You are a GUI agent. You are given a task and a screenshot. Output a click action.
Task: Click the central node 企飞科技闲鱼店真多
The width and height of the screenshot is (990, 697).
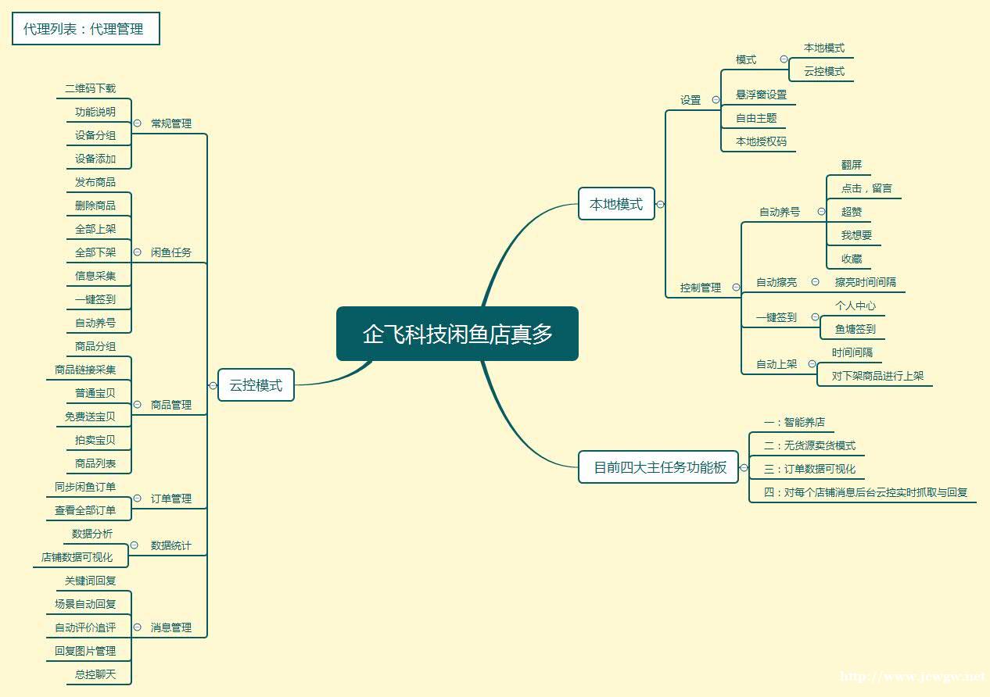click(x=457, y=334)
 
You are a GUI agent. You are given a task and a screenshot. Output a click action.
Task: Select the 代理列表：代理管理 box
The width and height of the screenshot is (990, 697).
click(x=85, y=29)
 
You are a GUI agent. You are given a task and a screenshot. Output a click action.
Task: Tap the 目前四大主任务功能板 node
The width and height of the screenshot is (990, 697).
click(x=659, y=467)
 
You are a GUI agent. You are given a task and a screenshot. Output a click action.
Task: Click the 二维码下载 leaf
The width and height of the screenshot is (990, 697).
click(x=91, y=88)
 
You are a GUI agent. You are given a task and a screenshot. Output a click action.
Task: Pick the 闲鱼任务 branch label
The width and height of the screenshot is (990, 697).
click(x=170, y=252)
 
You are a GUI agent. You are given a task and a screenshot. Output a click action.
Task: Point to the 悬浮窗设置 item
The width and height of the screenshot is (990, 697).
click(x=761, y=95)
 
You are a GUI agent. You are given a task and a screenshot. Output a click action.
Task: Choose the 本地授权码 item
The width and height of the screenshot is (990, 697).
click(x=761, y=141)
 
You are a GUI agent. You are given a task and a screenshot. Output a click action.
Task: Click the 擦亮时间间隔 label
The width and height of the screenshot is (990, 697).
click(x=865, y=282)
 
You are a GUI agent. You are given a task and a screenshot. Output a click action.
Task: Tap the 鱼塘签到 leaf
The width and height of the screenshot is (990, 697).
click(x=855, y=329)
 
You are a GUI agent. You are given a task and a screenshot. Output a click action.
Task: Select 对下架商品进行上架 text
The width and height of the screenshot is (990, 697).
click(x=877, y=376)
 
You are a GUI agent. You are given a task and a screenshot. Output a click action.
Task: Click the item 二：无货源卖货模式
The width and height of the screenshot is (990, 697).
click(x=809, y=445)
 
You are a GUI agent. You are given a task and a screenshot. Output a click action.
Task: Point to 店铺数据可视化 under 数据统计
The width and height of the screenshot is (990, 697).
click(x=77, y=557)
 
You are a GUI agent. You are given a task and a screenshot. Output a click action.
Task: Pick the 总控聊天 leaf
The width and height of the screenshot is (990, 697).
click(x=95, y=674)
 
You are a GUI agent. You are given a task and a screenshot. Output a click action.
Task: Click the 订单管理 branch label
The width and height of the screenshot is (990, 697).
click(x=170, y=499)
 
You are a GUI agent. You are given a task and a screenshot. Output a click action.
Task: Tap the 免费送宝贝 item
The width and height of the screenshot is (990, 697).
click(x=90, y=416)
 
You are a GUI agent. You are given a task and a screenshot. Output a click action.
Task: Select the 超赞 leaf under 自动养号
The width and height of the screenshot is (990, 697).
click(x=852, y=212)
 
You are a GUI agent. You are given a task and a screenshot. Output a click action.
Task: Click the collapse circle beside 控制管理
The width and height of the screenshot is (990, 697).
click(x=736, y=288)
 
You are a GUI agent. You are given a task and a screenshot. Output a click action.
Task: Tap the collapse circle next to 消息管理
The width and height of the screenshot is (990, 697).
click(x=137, y=627)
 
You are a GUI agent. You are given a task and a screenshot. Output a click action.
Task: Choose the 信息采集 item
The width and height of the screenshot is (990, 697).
click(x=95, y=276)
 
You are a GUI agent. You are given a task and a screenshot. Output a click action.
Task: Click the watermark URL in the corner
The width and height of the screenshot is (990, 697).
click(x=912, y=676)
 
